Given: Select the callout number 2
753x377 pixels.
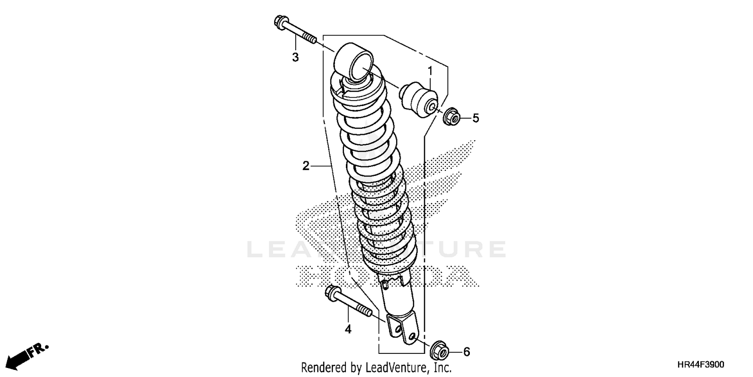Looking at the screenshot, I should click(306, 165).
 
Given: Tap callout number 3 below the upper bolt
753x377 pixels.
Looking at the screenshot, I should click(295, 57).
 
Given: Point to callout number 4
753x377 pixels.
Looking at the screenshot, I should click(348, 329).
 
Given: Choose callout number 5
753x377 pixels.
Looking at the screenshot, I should click(475, 118).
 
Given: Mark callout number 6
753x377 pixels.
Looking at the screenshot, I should click(466, 352).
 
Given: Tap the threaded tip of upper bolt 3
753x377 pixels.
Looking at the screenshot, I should click(310, 39).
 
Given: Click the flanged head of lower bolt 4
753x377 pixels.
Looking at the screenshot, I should click(332, 292).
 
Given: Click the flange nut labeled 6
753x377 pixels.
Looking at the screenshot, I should click(440, 348).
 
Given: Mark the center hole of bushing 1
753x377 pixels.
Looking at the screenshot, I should click(431, 108).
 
